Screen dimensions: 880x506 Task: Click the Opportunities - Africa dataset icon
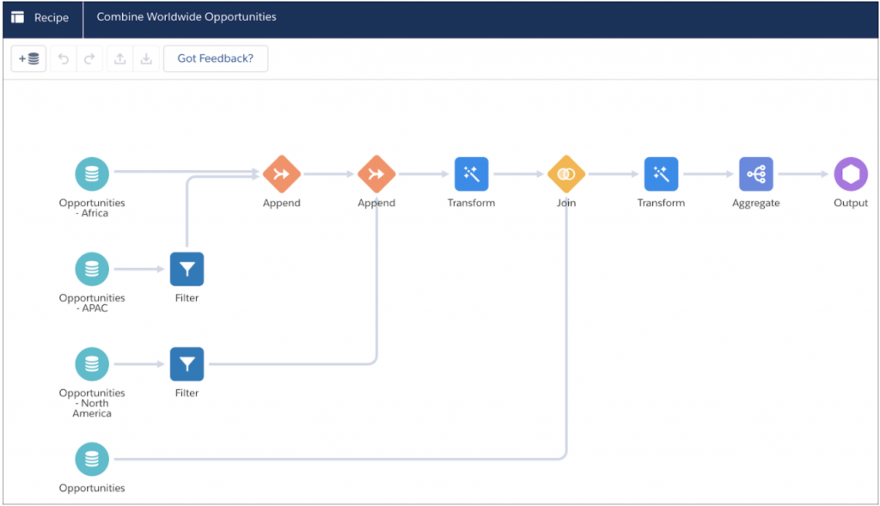coord(92,174)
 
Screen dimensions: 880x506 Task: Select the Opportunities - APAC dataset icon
coord(92,269)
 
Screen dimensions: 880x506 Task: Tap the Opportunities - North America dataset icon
coord(92,364)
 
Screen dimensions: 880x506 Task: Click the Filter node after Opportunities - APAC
coord(186,269)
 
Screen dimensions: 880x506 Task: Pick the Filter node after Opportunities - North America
coord(186,364)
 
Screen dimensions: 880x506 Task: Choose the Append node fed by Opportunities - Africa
coord(282,174)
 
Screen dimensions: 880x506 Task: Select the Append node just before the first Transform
coord(376,174)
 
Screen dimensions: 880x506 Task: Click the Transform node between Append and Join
coord(472,174)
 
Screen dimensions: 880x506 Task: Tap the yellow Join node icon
coord(566,174)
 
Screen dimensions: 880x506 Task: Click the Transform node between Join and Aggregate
coord(661,174)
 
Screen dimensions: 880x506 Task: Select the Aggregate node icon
coord(756,174)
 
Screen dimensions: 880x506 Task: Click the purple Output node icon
coord(851,174)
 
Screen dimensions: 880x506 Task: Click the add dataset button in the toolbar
coord(28,58)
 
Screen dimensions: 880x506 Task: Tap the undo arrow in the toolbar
coord(64,58)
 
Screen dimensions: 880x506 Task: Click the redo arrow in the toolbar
coord(89,58)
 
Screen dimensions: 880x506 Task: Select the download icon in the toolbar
coord(146,58)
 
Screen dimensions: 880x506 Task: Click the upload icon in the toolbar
coord(120,58)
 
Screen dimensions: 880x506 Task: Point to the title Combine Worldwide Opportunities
coord(186,17)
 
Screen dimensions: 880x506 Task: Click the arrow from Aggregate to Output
coord(804,174)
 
